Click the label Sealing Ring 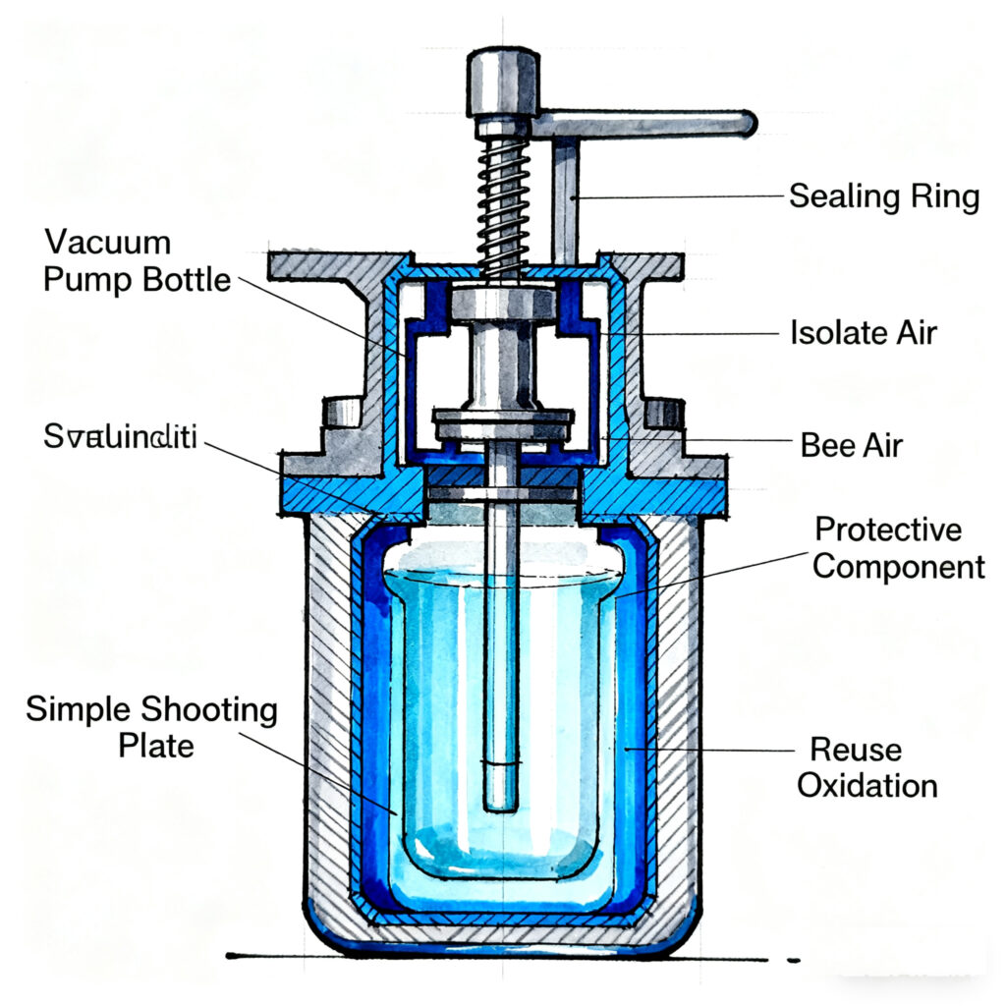[x=884, y=196]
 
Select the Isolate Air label [x=864, y=332]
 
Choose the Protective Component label [x=899, y=548]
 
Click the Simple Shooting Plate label [x=152, y=726]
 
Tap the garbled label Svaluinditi [x=120, y=439]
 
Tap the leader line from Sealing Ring [x=678, y=197]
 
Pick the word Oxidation [x=866, y=786]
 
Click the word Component [x=899, y=567]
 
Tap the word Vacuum [x=107, y=242]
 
